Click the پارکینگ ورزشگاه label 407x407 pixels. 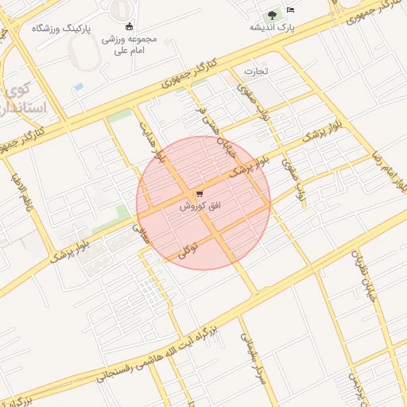(x=60, y=28)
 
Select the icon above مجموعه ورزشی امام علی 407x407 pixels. (x=129, y=26)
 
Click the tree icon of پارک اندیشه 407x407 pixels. (x=273, y=14)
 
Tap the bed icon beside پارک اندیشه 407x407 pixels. (x=291, y=10)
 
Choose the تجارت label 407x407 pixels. (x=256, y=71)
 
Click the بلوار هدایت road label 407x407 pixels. (x=153, y=141)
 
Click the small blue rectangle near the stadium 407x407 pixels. (x=78, y=86)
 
